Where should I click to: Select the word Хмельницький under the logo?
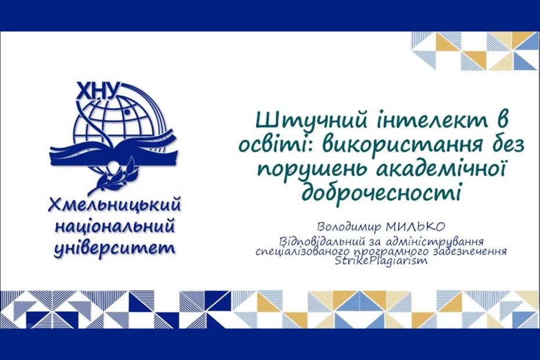pos(114,206)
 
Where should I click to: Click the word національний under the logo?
pos(115,228)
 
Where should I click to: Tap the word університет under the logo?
pos(114,247)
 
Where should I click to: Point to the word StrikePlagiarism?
pos(381,261)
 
